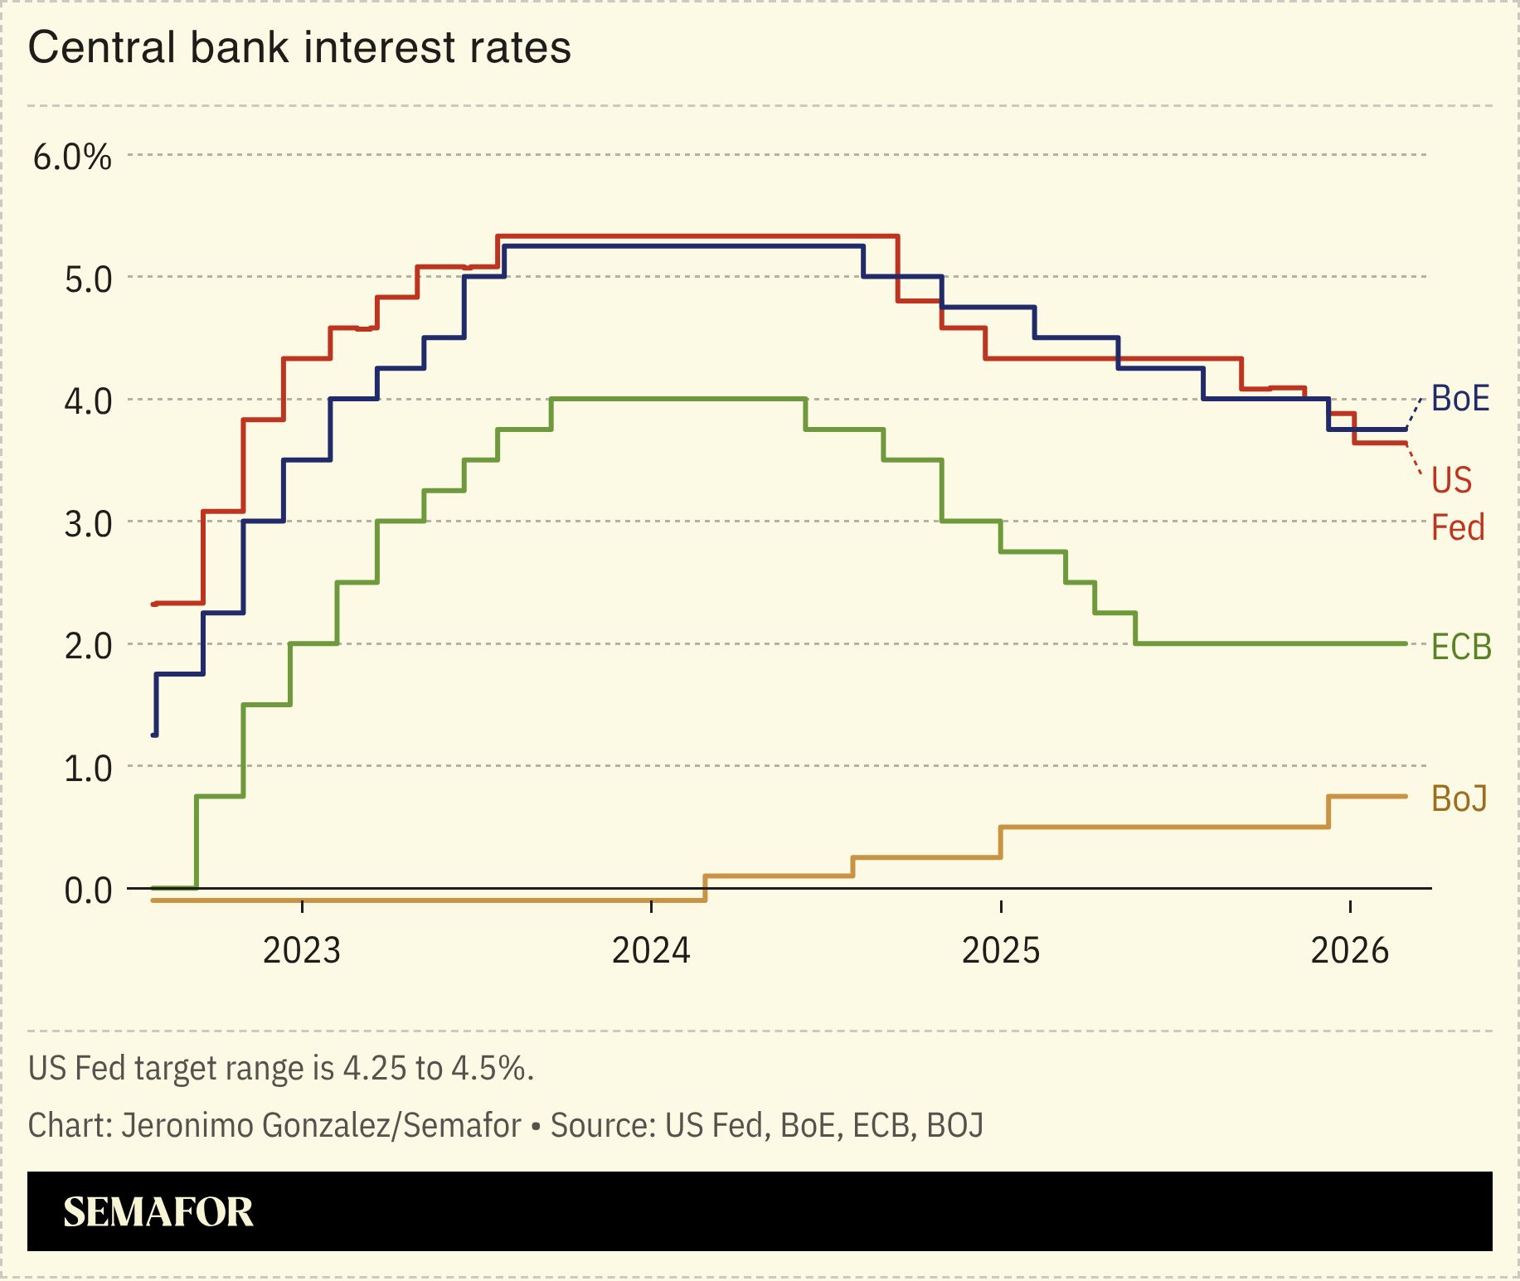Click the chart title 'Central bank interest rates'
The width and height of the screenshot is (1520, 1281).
(299, 47)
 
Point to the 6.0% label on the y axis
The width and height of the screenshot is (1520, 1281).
(72, 157)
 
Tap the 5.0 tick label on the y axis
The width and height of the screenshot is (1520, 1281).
(88, 279)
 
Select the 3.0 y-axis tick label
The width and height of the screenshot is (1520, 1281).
(88, 524)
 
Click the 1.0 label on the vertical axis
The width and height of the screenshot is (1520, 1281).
(88, 769)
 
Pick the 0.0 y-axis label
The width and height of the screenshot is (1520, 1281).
(88, 890)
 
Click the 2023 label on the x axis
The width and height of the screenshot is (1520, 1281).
(302, 950)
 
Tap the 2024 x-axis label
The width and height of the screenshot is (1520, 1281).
(651, 950)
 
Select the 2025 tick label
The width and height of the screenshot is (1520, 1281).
(1001, 950)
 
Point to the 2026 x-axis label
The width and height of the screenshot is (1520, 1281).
(1349, 950)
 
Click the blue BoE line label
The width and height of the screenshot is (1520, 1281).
(1460, 399)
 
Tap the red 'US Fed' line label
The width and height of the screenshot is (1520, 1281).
(1456, 503)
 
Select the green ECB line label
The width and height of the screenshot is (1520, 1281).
(1461, 647)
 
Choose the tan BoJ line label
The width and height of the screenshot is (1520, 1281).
(1459, 798)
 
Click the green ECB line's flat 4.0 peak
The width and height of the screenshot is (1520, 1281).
(678, 399)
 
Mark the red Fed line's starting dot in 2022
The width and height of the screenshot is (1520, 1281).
(154, 604)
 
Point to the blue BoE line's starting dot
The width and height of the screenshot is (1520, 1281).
(154, 735)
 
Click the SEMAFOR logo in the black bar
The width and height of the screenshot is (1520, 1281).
(158, 1212)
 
